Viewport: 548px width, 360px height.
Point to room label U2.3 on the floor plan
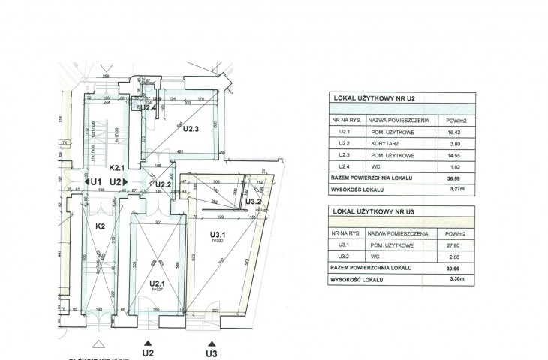point(190,128)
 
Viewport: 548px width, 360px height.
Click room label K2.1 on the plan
point(116,168)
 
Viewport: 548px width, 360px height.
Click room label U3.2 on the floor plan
point(254,200)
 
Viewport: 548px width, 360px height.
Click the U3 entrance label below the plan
point(212,351)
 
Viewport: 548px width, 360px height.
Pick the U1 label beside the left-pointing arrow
point(96,181)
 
